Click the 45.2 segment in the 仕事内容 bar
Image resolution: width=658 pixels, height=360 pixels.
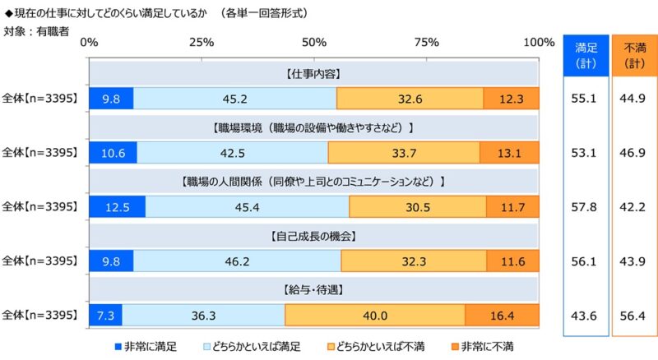234,99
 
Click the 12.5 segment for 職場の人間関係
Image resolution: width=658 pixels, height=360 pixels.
118,207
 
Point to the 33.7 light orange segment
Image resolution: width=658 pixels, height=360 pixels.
404,153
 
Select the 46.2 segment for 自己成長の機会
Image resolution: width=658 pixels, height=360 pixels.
237,261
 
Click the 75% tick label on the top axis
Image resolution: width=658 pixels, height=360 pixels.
426,42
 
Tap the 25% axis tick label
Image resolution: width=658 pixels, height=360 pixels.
202,42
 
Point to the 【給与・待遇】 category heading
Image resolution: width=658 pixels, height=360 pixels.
313,290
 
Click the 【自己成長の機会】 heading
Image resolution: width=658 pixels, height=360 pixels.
313,236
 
